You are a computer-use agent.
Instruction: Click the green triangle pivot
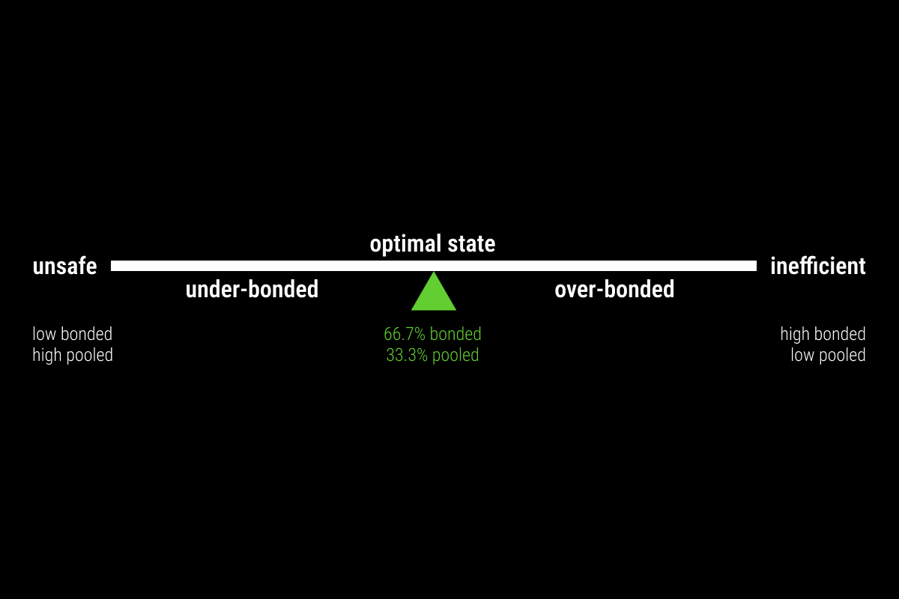coord(434,295)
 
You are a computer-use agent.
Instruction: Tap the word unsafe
coord(64,267)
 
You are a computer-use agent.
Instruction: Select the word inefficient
coord(817,266)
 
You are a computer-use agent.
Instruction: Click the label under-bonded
coord(252,289)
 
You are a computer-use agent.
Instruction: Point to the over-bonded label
coord(614,289)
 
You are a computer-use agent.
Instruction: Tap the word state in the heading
coord(471,244)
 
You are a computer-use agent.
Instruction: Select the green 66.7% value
coord(404,334)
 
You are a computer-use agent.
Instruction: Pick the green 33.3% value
coord(407,355)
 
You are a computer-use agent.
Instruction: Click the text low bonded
coord(72,334)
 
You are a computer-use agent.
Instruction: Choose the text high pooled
coord(73,356)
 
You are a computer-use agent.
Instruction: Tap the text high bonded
coord(823,334)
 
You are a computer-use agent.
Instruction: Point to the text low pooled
coord(828,356)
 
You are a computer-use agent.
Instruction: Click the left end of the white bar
coord(111,266)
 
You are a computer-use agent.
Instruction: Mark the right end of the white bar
coord(757,266)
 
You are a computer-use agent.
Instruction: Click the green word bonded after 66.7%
coord(455,334)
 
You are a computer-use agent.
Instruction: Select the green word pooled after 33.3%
coord(455,356)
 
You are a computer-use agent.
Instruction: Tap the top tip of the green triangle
coord(434,272)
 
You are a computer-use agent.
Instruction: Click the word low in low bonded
coord(44,334)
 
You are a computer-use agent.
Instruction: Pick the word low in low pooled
coord(802,355)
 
